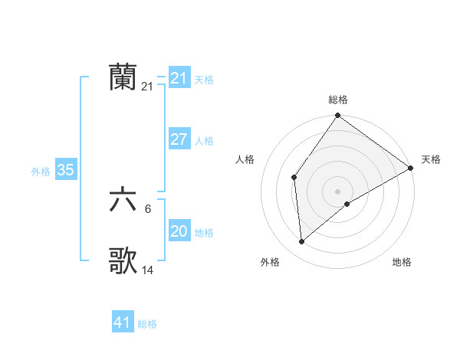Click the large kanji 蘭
(x=123, y=77)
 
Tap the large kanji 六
(x=123, y=201)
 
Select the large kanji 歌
(x=123, y=260)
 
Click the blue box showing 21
(x=179, y=78)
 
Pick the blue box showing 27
(x=179, y=139)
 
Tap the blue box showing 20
(x=179, y=232)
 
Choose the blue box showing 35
(x=65, y=170)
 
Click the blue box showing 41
(x=123, y=322)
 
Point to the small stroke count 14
(x=148, y=270)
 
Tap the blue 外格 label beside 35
(x=41, y=172)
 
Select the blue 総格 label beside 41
(x=147, y=324)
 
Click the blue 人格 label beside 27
(x=204, y=141)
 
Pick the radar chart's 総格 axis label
(x=338, y=100)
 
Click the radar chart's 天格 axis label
(x=431, y=159)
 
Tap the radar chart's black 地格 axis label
(x=402, y=262)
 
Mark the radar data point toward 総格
(x=337, y=116)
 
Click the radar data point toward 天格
(x=411, y=168)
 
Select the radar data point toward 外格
(x=302, y=241)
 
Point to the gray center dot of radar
(x=337, y=191)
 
